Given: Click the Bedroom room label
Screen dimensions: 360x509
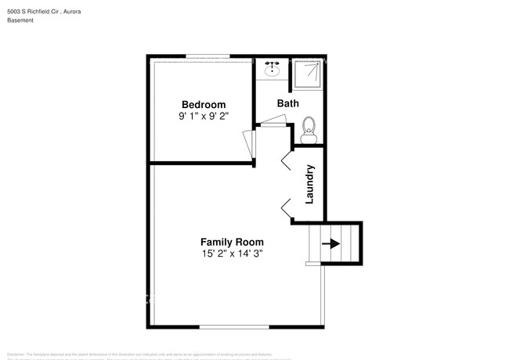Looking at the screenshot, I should pos(204,105).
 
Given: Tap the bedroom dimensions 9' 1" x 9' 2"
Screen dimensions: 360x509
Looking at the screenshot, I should pos(204,116).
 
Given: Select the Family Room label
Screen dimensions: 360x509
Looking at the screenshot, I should pos(232,242).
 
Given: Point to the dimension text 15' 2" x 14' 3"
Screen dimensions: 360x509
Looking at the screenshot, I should pos(232,254).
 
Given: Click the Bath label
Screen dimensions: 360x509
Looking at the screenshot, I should pos(287,103).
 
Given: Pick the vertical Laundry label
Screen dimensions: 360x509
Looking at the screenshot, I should pos(309,184).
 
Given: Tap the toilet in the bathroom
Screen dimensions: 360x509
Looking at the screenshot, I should pos(308,130).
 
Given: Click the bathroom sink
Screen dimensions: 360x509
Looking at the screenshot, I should pos(273,69).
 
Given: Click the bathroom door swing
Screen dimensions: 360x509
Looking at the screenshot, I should pos(273,120).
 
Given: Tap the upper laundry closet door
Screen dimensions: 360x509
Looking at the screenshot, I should pos(286,160).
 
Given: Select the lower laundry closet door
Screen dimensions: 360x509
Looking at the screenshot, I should pos(286,207).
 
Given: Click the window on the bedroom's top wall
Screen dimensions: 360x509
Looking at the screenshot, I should pos(208,56).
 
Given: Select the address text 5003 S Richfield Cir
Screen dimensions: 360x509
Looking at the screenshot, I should pos(38,10).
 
